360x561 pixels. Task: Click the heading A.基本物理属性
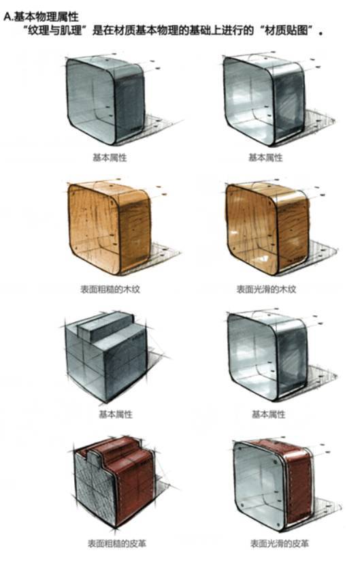41,17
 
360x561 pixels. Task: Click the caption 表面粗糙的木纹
110,289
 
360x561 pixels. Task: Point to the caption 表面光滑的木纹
266,289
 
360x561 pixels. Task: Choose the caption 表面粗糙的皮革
117,543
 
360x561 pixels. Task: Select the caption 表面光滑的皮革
280,543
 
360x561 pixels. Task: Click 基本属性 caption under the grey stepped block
116,415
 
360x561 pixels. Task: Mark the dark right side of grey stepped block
125,365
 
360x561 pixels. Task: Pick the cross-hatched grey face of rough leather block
94,490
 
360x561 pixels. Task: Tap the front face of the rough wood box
93,227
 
